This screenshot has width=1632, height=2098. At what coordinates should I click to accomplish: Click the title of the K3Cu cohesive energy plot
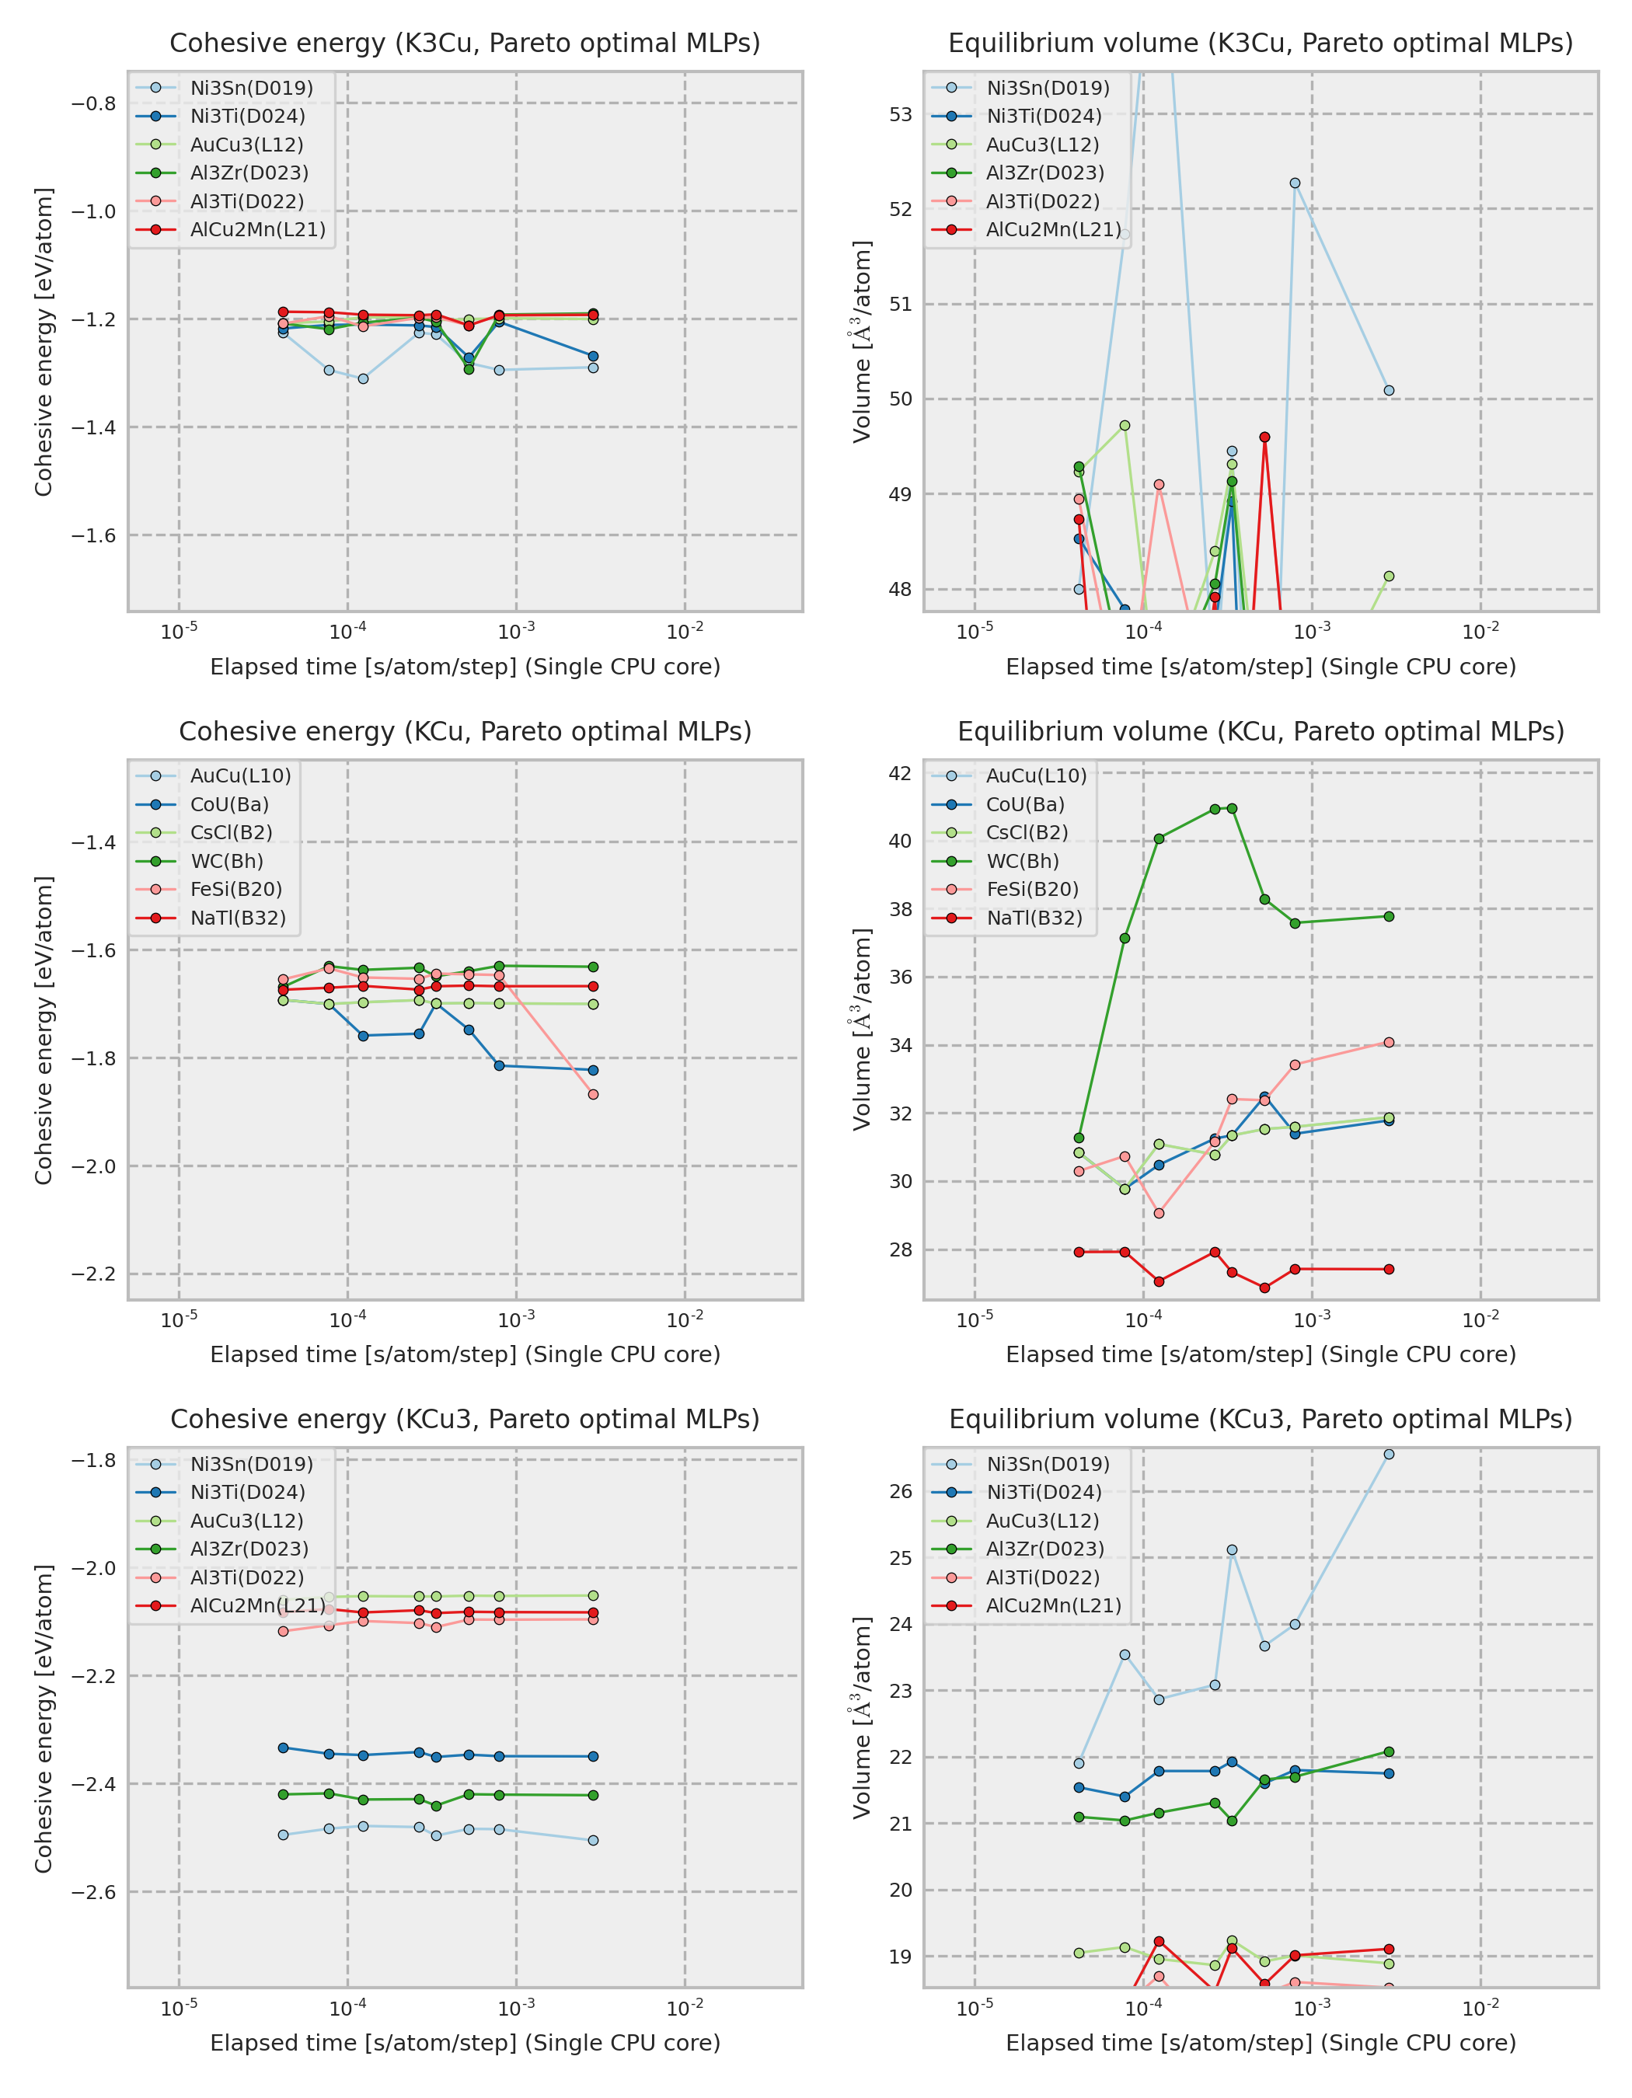(465, 44)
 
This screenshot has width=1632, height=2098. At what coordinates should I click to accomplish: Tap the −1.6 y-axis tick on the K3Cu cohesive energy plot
(93, 535)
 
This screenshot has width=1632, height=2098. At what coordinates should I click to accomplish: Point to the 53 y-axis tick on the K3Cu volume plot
(900, 114)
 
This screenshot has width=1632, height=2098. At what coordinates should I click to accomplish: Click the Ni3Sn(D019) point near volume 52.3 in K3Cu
(1295, 183)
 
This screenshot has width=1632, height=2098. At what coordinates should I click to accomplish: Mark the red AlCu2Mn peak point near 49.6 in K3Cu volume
(1264, 437)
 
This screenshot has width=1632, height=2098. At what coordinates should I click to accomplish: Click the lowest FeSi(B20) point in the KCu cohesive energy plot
(593, 1094)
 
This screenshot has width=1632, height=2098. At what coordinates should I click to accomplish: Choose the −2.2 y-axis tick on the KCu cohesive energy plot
(93, 1274)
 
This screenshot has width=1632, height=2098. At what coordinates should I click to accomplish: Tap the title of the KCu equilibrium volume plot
(1261, 731)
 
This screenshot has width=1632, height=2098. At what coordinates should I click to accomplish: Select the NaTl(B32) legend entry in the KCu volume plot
(1034, 918)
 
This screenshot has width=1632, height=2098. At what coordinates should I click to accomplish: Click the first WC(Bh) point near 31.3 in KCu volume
(1079, 1138)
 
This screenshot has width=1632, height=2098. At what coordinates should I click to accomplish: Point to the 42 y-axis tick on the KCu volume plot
(900, 773)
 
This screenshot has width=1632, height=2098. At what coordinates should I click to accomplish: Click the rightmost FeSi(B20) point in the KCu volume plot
(1389, 1042)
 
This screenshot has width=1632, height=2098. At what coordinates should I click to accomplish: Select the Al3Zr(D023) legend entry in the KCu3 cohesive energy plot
(249, 1549)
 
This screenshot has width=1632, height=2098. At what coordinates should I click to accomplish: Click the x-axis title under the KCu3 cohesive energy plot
(465, 2042)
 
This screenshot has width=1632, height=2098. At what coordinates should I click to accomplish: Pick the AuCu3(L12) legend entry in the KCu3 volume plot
(1042, 1521)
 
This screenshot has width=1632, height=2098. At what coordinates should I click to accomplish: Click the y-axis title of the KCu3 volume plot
(862, 1717)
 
